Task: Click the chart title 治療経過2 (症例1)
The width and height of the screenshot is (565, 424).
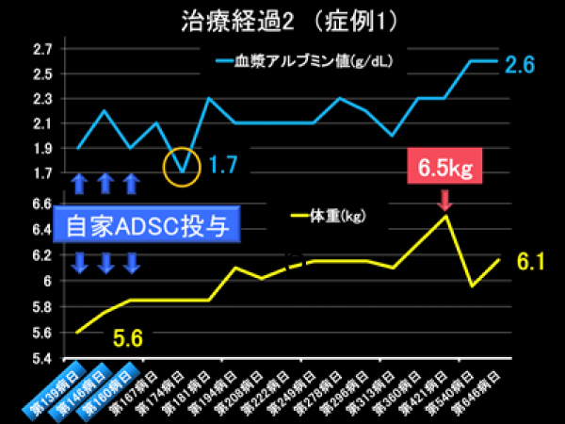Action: pos(282,20)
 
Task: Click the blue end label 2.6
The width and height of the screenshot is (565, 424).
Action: pos(520,65)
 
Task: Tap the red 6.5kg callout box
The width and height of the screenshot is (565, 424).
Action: pos(444,169)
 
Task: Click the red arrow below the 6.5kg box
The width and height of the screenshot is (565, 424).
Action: pos(444,199)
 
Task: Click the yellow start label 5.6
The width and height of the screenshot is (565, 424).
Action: pos(128,337)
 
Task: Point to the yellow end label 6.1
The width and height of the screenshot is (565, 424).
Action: pos(528,262)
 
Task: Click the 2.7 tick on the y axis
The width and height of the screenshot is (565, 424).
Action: pos(43,49)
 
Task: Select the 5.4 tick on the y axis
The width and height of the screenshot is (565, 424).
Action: pos(43,359)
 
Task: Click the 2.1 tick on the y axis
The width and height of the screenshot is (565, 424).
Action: pos(43,123)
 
